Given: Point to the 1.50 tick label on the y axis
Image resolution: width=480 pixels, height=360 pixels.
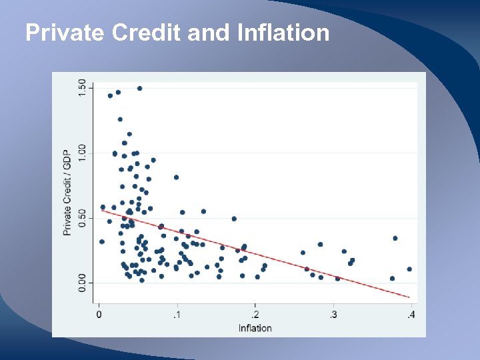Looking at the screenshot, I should coord(82,88).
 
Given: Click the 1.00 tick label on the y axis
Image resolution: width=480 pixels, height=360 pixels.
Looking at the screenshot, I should coord(82,153).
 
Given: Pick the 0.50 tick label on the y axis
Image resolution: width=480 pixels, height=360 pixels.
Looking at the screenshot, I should coord(82,218).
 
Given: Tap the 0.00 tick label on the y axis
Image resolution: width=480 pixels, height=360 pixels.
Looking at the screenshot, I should coord(82,283).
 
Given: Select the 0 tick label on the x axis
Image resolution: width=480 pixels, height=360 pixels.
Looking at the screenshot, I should coord(99,315).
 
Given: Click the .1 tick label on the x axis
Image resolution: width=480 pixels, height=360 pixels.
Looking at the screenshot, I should coord(177,315).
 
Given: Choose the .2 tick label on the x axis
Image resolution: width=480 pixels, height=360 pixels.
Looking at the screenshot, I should coord(255,315).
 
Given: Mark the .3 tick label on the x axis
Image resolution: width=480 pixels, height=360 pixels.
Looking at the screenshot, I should coord(333,315).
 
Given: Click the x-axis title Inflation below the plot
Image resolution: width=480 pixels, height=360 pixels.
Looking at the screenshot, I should coord(255,327).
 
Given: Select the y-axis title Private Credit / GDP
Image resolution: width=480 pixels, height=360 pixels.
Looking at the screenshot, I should coord(67,192).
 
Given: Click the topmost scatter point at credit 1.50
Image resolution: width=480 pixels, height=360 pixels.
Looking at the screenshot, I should coord(139,88).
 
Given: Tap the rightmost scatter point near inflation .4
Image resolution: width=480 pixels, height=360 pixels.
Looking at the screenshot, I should coord(409,269).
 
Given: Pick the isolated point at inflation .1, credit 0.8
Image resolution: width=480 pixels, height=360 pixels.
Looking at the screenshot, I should coord(176,177).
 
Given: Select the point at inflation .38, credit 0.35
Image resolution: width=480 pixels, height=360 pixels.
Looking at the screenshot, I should coord(395,238).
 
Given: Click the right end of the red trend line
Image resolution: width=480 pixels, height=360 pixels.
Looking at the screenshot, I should coord(409,296).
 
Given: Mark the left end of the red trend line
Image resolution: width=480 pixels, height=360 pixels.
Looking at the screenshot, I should coord(101,210).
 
